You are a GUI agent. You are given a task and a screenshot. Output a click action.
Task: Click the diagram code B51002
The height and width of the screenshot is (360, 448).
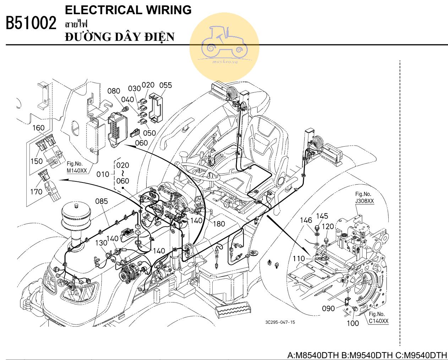(x=31, y=24)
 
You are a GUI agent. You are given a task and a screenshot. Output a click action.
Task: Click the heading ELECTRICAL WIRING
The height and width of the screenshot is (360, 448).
(x=128, y=10)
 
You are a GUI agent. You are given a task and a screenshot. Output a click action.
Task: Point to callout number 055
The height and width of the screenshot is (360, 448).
(x=165, y=85)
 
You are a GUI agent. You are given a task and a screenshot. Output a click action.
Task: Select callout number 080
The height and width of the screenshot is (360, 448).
(x=114, y=91)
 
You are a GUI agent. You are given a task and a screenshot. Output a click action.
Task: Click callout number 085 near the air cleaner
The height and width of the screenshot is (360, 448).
(x=102, y=202)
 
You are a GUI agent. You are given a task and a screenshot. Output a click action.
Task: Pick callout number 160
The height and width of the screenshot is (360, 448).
(x=39, y=128)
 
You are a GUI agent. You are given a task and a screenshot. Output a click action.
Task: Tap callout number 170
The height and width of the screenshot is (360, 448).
(x=36, y=192)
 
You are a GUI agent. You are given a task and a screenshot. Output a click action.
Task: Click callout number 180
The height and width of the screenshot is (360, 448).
(x=219, y=224)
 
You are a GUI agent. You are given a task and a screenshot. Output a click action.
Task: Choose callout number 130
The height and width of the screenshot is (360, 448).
(x=102, y=243)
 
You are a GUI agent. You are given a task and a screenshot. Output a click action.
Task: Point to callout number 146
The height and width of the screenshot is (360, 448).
(x=306, y=221)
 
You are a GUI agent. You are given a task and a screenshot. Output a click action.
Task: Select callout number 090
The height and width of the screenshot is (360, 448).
(x=328, y=309)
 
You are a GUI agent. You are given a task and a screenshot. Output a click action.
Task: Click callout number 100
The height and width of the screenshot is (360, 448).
(x=353, y=323)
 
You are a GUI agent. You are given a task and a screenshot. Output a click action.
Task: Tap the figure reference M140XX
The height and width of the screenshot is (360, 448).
(x=77, y=171)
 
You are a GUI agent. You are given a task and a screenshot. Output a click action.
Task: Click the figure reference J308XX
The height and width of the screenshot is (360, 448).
(x=365, y=201)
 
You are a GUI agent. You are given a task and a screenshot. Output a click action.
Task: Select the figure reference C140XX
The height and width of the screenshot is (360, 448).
(x=378, y=321)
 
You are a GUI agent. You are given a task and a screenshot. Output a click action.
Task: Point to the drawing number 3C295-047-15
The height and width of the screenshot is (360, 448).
(x=280, y=322)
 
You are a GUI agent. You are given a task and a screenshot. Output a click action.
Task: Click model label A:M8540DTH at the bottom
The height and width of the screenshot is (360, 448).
(x=313, y=355)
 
